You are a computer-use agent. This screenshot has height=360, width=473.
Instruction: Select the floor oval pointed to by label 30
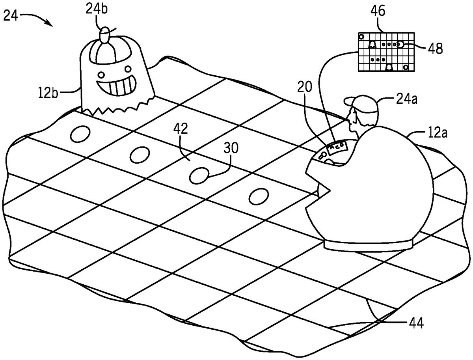[x=199, y=175]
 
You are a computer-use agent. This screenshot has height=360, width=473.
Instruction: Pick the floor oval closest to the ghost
[x=80, y=134]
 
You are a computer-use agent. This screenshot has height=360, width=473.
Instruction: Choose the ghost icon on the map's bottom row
[x=389, y=67]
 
